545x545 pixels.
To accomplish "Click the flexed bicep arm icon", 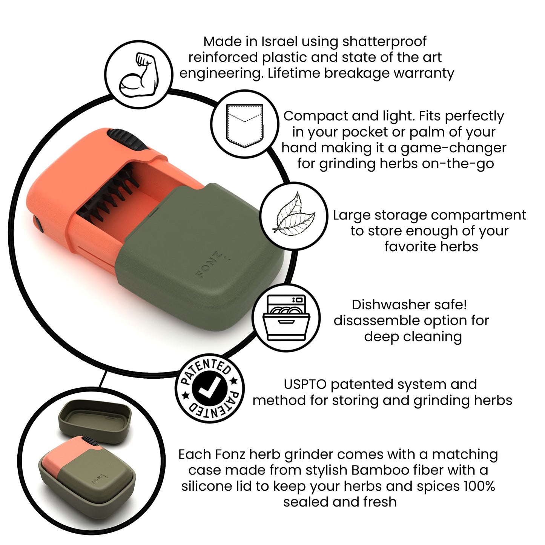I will coord(139,75).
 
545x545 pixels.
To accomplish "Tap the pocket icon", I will coord(244,125).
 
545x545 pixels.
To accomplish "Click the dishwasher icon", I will coord(286,318).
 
